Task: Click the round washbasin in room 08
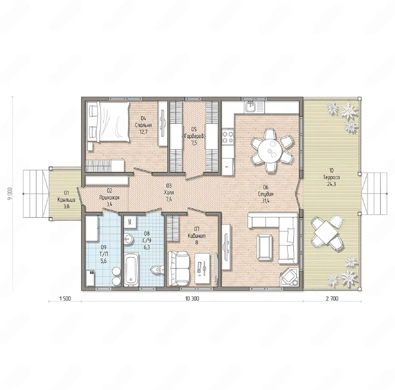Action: [x=128, y=239]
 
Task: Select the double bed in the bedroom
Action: [x=109, y=122]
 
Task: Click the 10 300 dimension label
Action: [x=192, y=299]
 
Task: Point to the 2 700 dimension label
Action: [x=332, y=299]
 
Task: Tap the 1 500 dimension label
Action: [x=65, y=299]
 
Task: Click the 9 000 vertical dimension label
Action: [x=10, y=194]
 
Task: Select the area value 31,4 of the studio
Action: [x=265, y=201]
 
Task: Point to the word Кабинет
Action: [x=197, y=236]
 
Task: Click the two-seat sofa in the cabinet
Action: [x=178, y=268]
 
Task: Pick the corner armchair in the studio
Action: [x=289, y=276]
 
